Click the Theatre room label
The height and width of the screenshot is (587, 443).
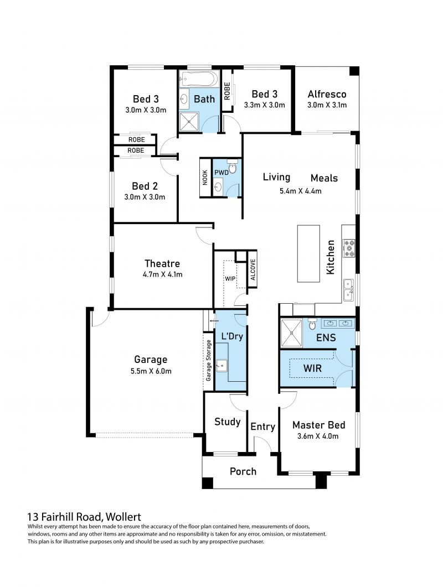pyautogui.click(x=162, y=263)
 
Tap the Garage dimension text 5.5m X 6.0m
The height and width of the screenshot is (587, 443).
pyautogui.click(x=151, y=371)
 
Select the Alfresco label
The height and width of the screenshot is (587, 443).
pyautogui.click(x=327, y=94)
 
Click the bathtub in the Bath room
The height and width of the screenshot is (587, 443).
pyautogui.click(x=198, y=79)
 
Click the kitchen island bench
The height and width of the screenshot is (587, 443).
pyautogui.click(x=308, y=253)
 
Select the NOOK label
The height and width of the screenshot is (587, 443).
pyautogui.click(x=205, y=178)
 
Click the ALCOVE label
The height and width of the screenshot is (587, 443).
pyautogui.click(x=253, y=269)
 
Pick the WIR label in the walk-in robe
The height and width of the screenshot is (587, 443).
pyautogui.click(x=312, y=368)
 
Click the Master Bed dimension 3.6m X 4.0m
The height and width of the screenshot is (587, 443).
pyautogui.click(x=318, y=436)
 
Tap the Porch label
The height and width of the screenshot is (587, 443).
pyautogui.click(x=243, y=471)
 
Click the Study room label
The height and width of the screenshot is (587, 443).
pyautogui.click(x=227, y=422)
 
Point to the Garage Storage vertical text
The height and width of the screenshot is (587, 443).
pyautogui.click(x=208, y=360)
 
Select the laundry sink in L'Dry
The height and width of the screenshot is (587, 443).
pyautogui.click(x=221, y=365)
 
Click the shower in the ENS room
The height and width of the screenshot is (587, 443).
pyautogui.click(x=291, y=333)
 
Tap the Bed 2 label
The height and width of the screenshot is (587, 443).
pyautogui.click(x=145, y=186)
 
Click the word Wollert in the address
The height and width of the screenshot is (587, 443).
pyautogui.click(x=123, y=517)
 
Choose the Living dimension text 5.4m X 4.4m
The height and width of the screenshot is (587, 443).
pyautogui.click(x=300, y=190)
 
